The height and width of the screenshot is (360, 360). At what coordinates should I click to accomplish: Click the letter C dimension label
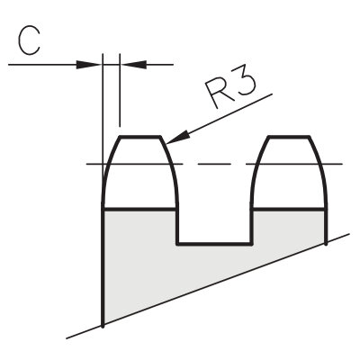click(x=29, y=41)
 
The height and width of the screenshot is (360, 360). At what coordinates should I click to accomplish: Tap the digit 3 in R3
click(x=245, y=83)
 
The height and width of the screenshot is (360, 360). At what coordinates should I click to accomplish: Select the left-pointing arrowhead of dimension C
click(x=133, y=65)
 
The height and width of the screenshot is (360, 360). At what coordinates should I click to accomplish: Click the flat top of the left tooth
click(x=140, y=137)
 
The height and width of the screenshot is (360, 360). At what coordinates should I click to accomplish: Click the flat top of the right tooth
click(x=289, y=137)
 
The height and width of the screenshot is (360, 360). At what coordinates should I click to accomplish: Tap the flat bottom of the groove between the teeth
click(x=214, y=244)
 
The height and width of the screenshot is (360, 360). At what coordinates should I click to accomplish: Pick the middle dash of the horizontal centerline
click(x=214, y=164)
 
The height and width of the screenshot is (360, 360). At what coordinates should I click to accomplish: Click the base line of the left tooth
click(x=139, y=208)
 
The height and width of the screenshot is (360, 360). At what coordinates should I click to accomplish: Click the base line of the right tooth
click(x=289, y=208)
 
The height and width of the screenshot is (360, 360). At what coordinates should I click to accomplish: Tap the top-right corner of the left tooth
click(x=161, y=137)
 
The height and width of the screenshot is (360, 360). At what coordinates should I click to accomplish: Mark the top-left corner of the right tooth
click(x=269, y=137)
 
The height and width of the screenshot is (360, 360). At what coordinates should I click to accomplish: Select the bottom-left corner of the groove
click(x=178, y=244)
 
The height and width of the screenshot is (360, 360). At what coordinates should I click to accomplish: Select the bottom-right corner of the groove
click(x=251, y=244)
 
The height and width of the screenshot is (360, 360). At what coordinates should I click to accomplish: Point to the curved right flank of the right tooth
click(x=320, y=168)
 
